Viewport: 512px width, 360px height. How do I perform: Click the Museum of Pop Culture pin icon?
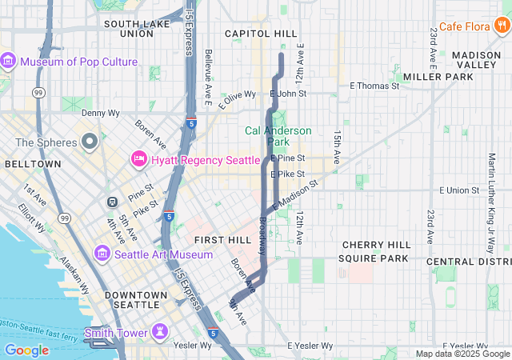[x=9, y=62]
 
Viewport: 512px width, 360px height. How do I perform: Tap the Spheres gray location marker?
[x=90, y=142]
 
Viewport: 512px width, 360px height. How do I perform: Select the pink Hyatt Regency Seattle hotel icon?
[x=138, y=160]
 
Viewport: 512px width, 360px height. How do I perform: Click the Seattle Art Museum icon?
[x=102, y=254]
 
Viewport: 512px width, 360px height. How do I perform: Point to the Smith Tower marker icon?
[x=161, y=332]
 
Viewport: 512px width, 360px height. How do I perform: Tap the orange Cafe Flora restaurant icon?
[x=502, y=26]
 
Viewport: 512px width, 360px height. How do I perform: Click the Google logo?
[x=26, y=350]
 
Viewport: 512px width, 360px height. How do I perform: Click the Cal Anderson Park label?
[x=278, y=136]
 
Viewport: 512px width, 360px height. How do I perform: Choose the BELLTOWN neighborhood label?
[x=33, y=163]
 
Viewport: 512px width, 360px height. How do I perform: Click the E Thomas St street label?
[x=374, y=86]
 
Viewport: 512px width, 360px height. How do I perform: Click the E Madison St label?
[x=295, y=194]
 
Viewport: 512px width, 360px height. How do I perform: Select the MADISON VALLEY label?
[x=476, y=60]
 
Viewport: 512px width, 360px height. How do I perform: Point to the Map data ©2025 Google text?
[x=462, y=354]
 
